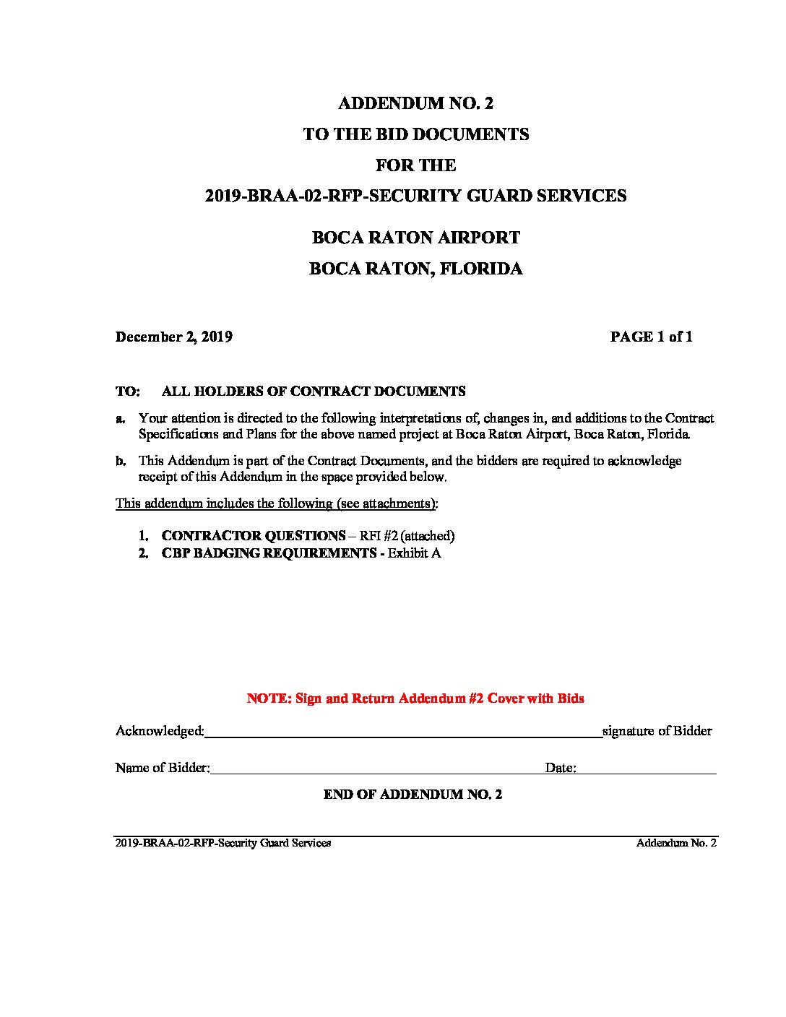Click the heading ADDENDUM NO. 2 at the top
[415, 103]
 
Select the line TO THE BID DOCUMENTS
[415, 134]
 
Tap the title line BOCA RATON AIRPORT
[415, 238]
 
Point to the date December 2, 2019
[173, 337]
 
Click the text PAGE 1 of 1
[651, 337]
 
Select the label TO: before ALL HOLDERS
[127, 391]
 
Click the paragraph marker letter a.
[121, 418]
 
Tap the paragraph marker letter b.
[121, 461]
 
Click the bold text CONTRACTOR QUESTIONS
[253, 536]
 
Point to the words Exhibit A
[414, 553]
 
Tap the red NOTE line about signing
[415, 698]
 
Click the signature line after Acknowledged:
[403, 735]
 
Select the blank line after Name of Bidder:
[376, 771]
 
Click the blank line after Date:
[646, 771]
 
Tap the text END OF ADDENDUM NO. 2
[413, 795]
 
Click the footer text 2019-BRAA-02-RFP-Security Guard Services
[223, 843]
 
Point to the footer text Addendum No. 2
[676, 843]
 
